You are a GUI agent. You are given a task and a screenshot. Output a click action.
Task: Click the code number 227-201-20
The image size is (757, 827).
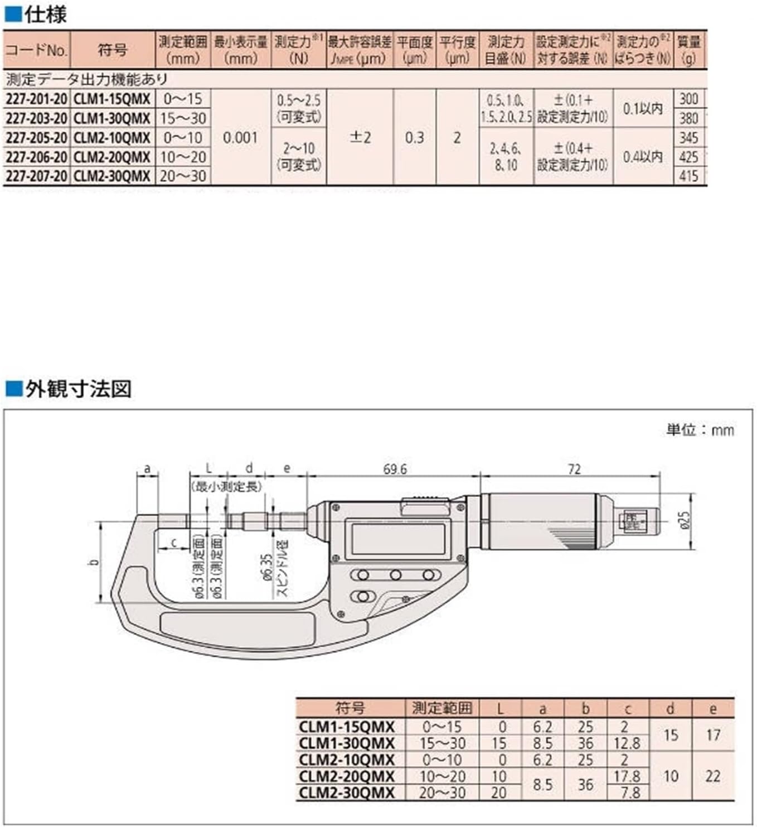(x=36, y=99)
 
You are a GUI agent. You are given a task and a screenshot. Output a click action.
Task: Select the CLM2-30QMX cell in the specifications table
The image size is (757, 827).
(x=112, y=176)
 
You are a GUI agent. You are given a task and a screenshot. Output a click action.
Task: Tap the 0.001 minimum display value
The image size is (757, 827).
(x=240, y=138)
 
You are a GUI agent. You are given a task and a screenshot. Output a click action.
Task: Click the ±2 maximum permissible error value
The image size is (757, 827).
(x=360, y=138)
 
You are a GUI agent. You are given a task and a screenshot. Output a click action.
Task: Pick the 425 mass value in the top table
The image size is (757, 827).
(x=688, y=157)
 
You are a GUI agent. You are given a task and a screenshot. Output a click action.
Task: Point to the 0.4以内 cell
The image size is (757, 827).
(x=643, y=157)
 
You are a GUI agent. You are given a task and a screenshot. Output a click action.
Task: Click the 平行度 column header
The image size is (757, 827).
(x=457, y=50)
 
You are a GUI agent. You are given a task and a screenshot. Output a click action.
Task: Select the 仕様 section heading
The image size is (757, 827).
(x=45, y=14)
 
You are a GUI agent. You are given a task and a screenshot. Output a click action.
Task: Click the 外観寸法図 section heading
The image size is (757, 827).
(x=77, y=389)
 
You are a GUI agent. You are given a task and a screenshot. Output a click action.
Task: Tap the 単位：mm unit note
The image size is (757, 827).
(x=700, y=430)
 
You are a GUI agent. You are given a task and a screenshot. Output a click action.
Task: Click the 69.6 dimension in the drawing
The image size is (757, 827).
(x=395, y=469)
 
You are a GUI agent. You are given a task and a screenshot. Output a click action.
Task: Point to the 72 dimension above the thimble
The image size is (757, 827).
(x=574, y=469)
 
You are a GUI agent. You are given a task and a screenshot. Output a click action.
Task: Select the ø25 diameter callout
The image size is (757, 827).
(x=685, y=520)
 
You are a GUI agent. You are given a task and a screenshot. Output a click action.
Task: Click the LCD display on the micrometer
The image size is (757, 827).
(x=399, y=538)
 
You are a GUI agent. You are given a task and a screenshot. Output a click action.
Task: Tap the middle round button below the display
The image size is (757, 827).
(x=396, y=575)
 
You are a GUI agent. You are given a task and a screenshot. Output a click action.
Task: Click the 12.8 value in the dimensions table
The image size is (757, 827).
(x=627, y=743)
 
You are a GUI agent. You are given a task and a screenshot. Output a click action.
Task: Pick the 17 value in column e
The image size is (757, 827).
(x=713, y=735)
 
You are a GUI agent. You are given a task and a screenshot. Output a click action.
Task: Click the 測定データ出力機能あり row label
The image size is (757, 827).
(x=86, y=79)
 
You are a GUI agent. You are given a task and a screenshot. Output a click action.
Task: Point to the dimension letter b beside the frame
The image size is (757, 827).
(x=94, y=562)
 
